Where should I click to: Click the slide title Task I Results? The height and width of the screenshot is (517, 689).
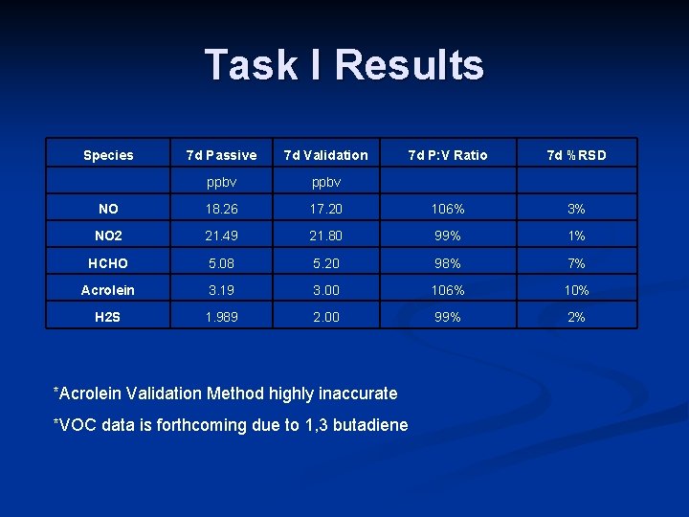[344, 65]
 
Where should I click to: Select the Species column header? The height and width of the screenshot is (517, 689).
[108, 155]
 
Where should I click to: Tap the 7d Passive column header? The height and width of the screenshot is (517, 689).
[221, 155]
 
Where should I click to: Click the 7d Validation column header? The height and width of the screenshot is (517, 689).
[325, 155]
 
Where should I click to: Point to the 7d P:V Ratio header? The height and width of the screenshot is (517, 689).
[447, 155]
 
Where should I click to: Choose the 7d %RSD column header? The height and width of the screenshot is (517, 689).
[576, 155]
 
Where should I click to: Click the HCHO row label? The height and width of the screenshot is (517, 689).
[108, 263]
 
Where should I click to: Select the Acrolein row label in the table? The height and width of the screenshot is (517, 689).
[108, 290]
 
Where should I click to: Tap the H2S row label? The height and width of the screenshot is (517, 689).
[108, 317]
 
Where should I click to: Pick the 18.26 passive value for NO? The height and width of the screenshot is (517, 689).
[221, 209]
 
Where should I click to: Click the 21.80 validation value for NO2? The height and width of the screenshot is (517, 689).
[325, 236]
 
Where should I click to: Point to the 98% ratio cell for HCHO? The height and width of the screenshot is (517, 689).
[447, 263]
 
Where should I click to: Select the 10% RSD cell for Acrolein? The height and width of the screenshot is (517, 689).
[576, 290]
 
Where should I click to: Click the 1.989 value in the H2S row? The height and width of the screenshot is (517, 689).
[221, 317]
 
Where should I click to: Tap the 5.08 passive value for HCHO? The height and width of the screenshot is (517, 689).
[221, 263]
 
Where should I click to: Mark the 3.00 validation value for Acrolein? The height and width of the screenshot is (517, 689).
[325, 290]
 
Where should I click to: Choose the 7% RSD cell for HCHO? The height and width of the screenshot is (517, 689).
[576, 263]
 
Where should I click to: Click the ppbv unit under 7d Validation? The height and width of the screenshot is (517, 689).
[325, 182]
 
